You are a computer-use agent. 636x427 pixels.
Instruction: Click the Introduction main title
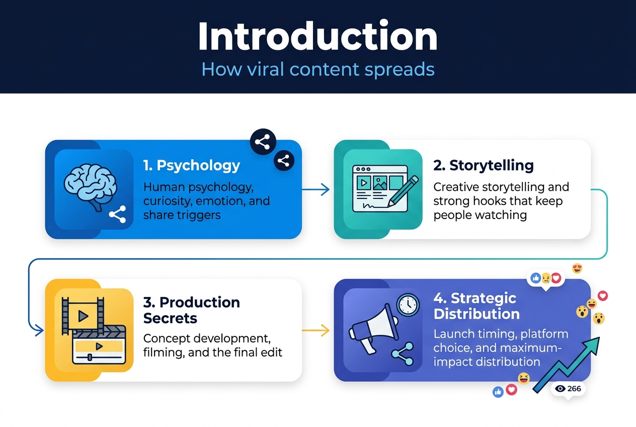(x=317, y=37)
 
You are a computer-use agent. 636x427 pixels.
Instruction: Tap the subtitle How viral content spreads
(x=317, y=69)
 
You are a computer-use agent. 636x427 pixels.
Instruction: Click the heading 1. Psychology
(x=191, y=165)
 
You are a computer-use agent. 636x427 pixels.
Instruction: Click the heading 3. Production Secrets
(x=191, y=310)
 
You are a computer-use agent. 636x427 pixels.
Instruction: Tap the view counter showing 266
(x=568, y=389)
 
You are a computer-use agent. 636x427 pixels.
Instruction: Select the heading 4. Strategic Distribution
(x=476, y=306)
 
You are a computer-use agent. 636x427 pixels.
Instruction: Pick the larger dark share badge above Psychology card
(x=262, y=142)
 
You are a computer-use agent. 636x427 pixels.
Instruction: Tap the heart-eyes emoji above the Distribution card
(x=577, y=268)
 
